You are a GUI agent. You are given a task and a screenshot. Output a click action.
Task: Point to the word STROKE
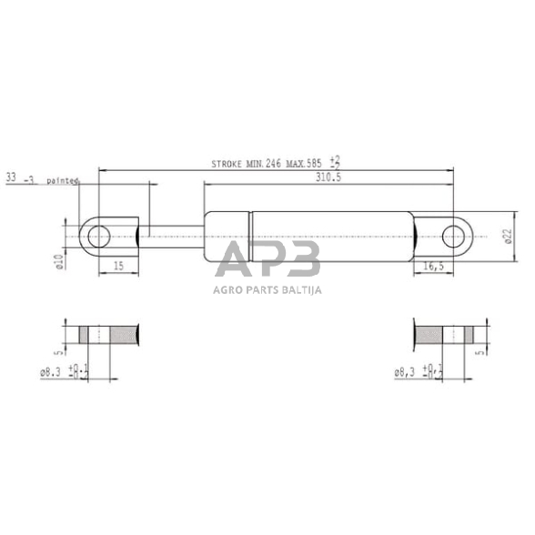[x=226, y=165]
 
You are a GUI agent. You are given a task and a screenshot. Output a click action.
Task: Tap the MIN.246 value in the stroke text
[x=263, y=165]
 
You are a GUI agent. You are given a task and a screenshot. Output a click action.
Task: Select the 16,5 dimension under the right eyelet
[x=435, y=265]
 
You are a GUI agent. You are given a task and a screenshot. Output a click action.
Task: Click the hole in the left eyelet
[x=97, y=237]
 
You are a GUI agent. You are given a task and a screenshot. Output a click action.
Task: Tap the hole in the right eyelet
[x=452, y=237]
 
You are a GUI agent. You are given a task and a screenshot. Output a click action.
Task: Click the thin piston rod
[x=173, y=237]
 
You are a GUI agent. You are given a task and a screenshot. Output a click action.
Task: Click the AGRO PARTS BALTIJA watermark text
[x=267, y=290]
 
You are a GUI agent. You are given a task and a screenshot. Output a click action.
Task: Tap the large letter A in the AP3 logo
[x=235, y=260]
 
